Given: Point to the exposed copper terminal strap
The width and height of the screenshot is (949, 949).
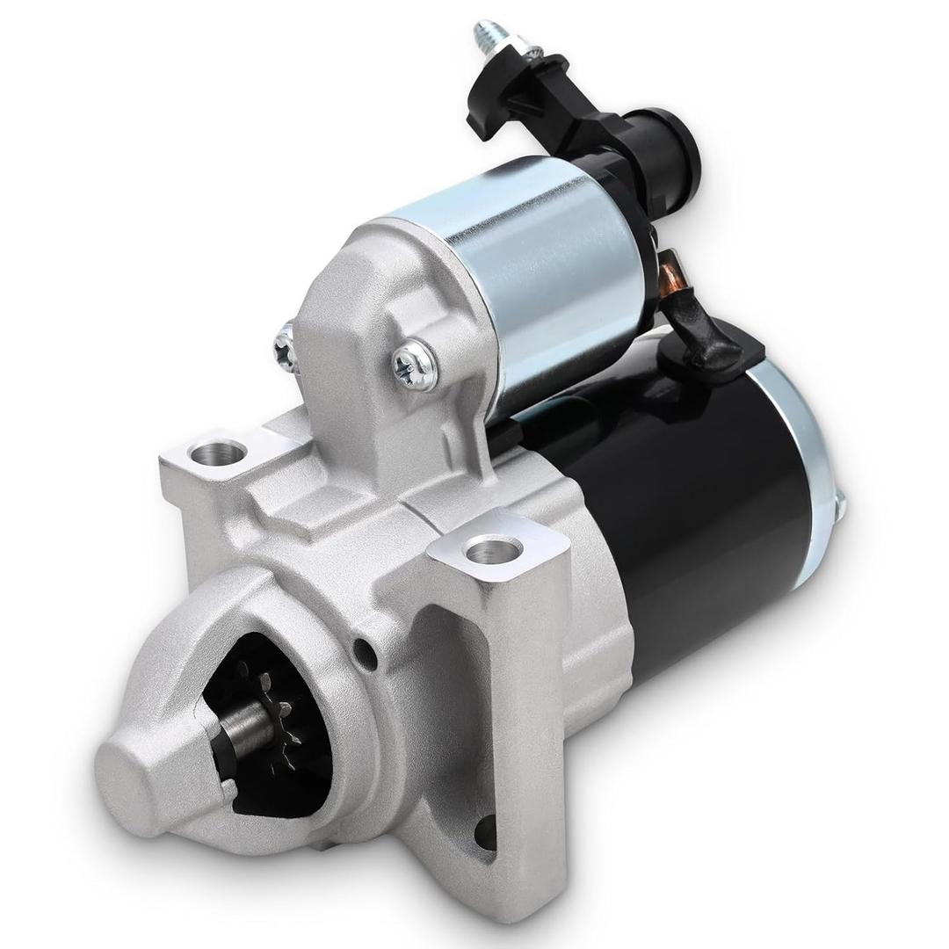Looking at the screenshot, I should (674, 272).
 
